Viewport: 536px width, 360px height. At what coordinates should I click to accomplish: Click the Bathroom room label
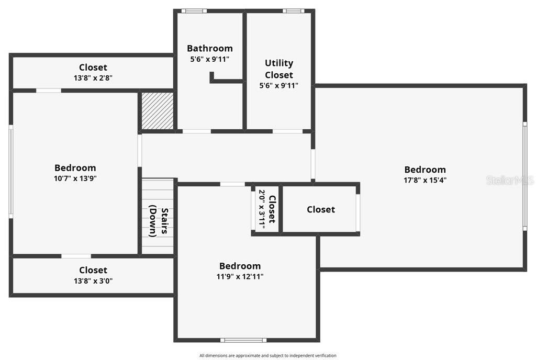point(209,48)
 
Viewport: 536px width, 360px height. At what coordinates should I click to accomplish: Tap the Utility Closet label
point(279,69)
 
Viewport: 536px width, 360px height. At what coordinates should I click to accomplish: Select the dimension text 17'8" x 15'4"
point(425,180)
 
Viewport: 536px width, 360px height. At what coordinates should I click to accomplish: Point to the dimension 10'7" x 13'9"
point(75,178)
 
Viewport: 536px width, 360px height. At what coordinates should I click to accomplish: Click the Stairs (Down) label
point(159,221)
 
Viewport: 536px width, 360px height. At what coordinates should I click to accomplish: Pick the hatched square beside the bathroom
point(158,110)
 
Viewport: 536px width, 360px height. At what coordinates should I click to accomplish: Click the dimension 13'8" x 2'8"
point(93,78)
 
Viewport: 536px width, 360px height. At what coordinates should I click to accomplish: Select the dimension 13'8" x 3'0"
point(93,281)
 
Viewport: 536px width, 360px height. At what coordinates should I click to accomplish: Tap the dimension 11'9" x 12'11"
point(240,276)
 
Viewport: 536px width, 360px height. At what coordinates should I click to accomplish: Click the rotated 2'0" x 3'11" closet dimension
point(262,209)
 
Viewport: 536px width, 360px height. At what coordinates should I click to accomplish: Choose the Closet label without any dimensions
point(321,209)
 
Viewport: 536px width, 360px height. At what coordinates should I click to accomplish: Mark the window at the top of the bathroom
point(194,11)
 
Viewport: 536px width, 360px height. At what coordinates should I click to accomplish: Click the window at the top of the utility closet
point(293,11)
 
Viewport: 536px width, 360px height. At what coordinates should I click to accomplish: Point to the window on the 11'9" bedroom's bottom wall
point(243,340)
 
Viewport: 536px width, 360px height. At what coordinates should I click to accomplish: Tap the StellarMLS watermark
point(510,180)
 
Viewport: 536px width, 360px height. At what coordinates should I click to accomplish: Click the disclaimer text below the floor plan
point(268,356)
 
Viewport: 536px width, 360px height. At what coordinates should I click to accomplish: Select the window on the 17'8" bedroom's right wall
point(524,176)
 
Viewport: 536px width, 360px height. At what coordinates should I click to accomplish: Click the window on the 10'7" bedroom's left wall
point(11,172)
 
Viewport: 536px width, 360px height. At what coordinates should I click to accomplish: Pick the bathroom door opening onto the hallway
point(197,131)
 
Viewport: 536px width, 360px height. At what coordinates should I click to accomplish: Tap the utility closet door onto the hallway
point(287,131)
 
